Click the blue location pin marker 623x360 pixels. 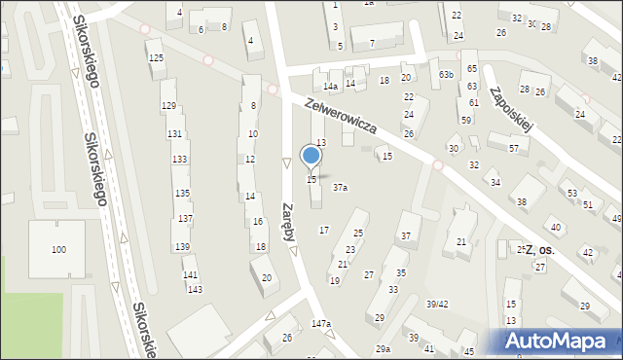(311, 157)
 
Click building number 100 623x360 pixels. (58, 250)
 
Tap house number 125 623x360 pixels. (156, 58)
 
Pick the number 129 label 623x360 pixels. (168, 105)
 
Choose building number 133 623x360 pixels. (179, 159)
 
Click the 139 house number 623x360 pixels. (183, 246)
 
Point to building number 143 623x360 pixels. (195, 289)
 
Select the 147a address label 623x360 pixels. (321, 323)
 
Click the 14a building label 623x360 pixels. (331, 87)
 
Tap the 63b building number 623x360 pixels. (446, 74)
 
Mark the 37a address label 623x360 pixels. (340, 187)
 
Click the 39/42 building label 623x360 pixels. (437, 304)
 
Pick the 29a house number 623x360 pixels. (384, 348)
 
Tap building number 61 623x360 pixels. (473, 102)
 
